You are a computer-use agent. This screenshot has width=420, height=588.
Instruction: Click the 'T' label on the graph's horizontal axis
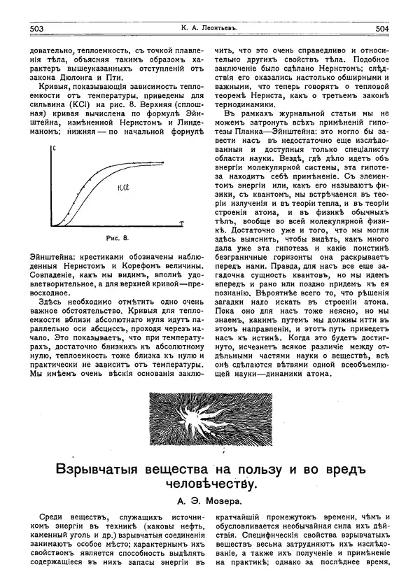181,221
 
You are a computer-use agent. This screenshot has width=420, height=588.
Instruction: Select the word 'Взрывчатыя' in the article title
99,467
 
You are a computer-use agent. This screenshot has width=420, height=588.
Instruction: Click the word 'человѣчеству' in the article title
210,483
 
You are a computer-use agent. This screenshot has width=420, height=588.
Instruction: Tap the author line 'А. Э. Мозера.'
209,502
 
